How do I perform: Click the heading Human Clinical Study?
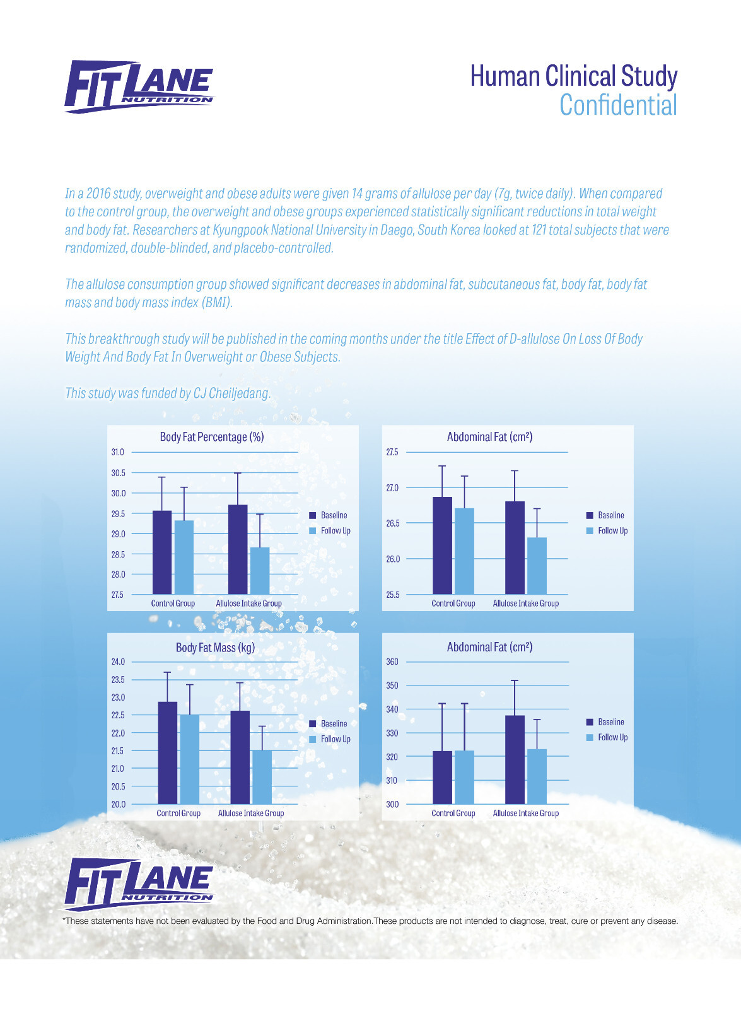click(573, 76)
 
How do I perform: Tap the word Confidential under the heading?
click(618, 105)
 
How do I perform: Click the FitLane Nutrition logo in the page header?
click(139, 86)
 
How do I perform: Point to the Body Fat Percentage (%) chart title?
click(212, 437)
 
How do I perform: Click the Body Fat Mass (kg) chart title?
click(215, 648)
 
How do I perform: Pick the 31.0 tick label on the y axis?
click(117, 452)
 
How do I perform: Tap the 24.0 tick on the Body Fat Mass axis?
click(118, 662)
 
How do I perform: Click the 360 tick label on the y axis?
click(392, 662)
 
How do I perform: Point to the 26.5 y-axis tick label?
click(392, 523)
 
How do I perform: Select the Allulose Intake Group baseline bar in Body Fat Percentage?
click(238, 549)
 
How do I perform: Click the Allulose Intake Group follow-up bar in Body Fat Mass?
click(262, 777)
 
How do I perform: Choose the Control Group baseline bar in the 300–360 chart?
click(442, 778)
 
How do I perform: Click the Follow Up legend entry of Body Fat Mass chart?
click(330, 739)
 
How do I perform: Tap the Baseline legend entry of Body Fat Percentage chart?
click(328, 515)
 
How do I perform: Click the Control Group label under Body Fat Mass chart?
click(178, 813)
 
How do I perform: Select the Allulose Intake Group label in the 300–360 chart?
click(526, 813)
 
